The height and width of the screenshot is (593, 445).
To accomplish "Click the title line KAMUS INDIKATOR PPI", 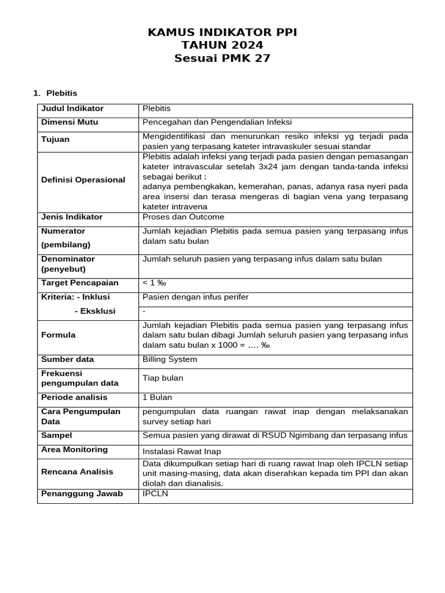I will tap(222, 32).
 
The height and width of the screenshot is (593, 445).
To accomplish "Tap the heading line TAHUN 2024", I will tap(222, 45).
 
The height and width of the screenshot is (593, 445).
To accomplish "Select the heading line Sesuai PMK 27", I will tap(222, 58).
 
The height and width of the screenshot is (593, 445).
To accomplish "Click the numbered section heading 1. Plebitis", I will tap(56, 93).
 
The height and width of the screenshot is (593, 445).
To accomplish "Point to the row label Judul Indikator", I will tap(72, 108).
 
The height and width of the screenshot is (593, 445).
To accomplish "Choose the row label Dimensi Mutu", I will tap(70, 122).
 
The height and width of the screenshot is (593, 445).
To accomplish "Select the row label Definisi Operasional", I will tap(83, 180).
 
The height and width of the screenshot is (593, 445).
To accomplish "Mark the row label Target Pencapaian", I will tap(80, 283).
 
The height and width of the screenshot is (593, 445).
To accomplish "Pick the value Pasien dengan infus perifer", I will tap(195, 297).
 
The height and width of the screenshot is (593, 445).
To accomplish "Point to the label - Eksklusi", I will tap(95, 311).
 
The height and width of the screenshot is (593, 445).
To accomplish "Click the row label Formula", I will tap(59, 335).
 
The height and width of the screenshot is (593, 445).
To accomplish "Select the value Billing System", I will tap(170, 359).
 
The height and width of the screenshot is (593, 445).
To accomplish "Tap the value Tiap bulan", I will tap(163, 378).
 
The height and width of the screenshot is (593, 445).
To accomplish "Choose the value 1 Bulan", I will tap(157, 397).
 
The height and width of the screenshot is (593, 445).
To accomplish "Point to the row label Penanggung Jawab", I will tap(82, 494).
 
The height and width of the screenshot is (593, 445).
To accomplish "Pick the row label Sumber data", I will tap(67, 359).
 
